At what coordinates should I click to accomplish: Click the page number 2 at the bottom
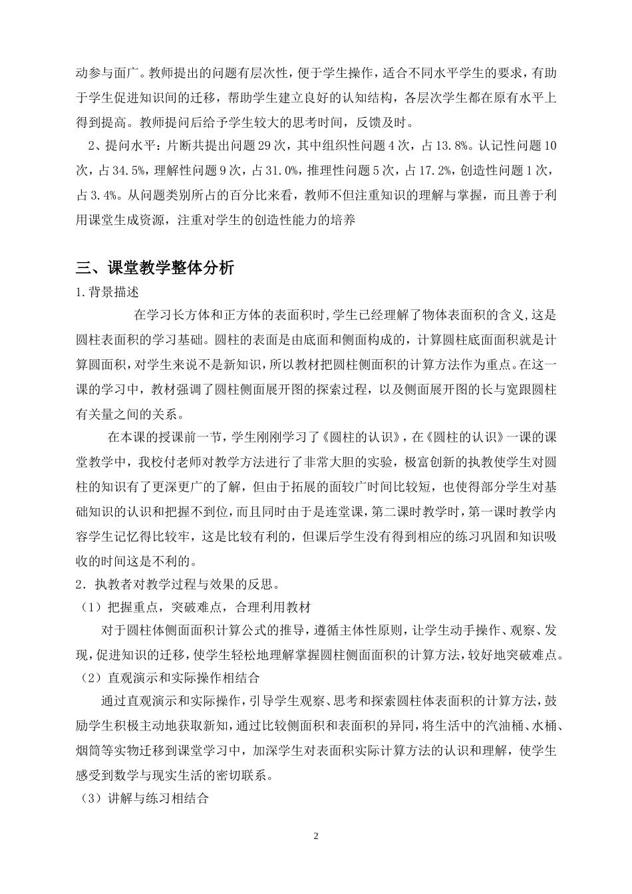pos(316,835)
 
